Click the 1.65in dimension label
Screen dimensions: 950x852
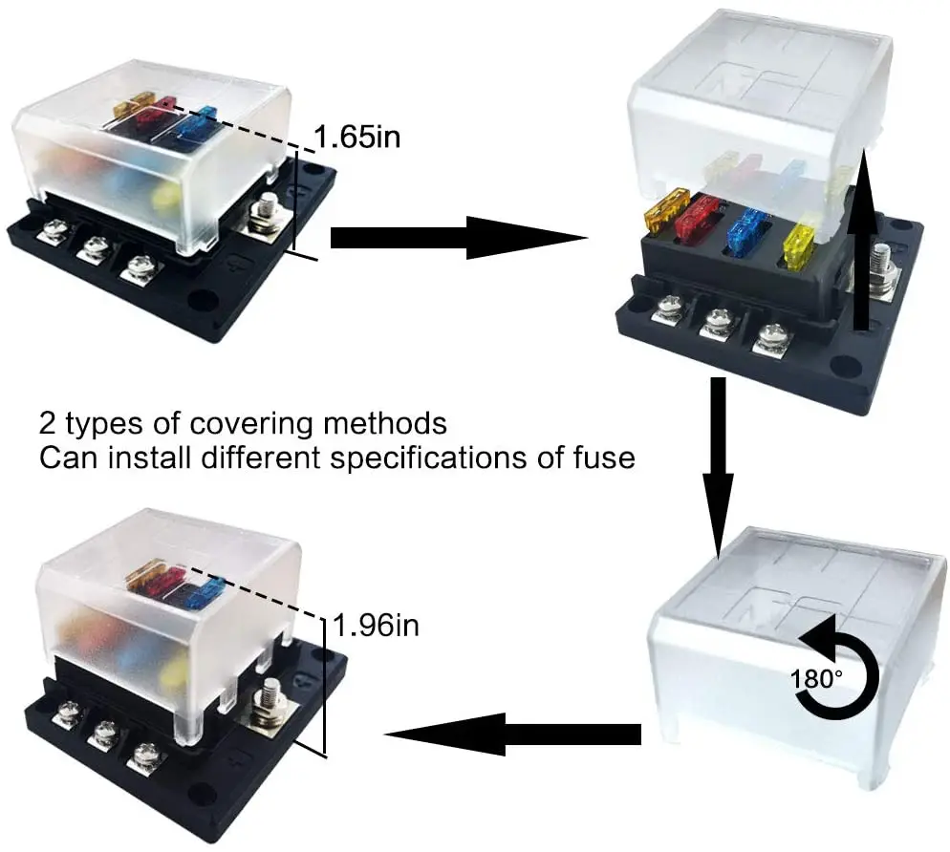[x=357, y=137]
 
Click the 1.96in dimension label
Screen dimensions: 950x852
[x=376, y=625]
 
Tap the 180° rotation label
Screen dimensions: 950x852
[x=816, y=679]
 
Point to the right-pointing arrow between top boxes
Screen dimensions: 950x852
[x=459, y=238]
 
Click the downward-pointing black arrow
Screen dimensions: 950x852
[x=719, y=467]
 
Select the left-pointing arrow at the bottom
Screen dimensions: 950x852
[x=512, y=735]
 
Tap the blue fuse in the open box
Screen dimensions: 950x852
[x=747, y=231]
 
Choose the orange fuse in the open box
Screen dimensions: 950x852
[x=667, y=209]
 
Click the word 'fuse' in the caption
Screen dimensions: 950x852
[x=604, y=458]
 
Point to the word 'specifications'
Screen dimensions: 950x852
[x=430, y=458]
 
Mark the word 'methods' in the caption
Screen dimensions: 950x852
[x=385, y=423]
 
